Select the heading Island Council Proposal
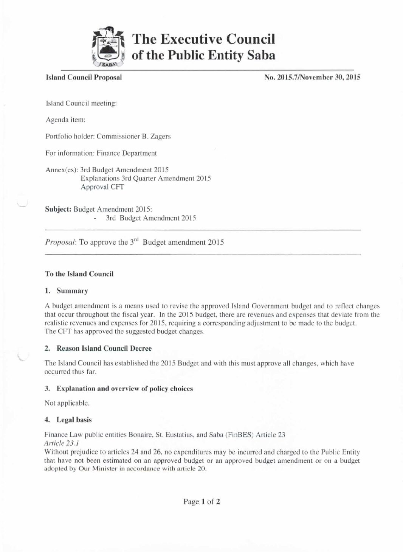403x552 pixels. [84, 78]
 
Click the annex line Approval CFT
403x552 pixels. [102, 187]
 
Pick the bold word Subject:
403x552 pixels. [58, 209]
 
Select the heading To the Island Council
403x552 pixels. [79, 274]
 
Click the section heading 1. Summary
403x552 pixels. [67, 291]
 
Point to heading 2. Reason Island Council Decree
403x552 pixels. [98, 348]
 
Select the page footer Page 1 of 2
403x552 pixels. [201, 502]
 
